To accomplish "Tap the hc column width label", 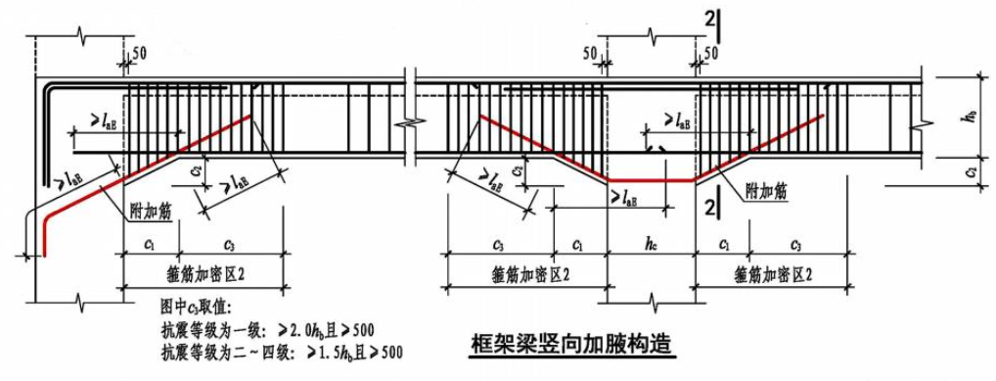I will tap(651, 243).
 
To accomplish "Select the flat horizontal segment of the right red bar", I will tap(651, 180).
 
